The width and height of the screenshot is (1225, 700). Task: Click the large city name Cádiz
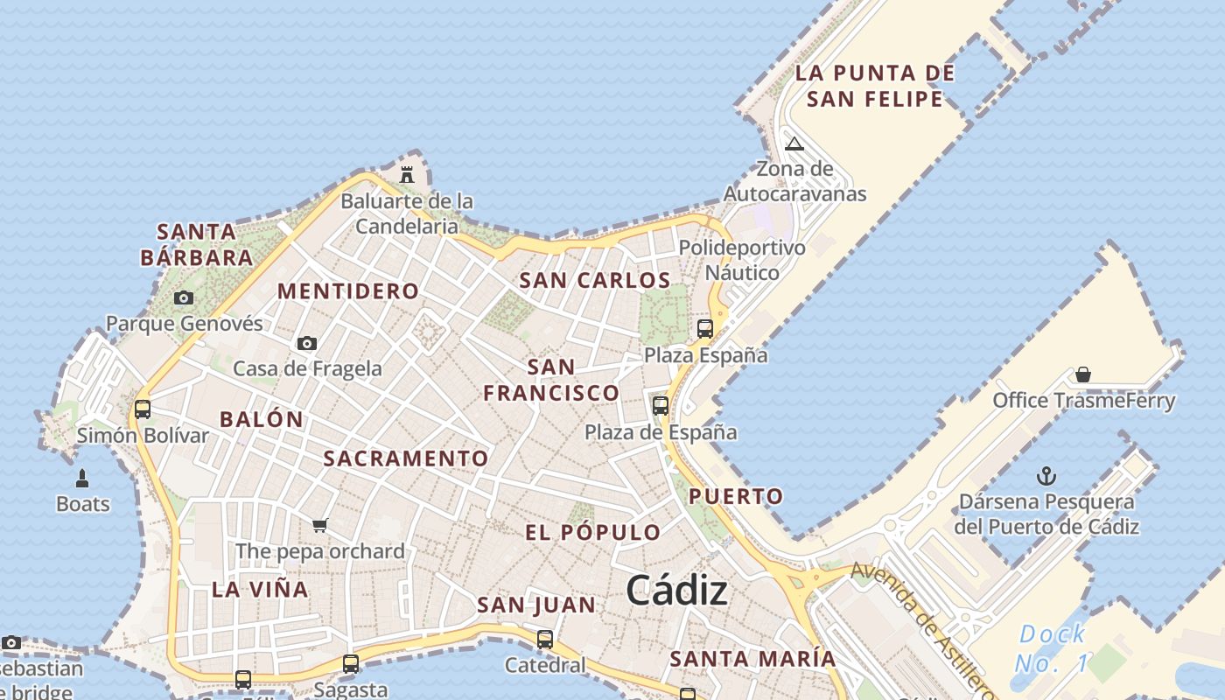pos(676,591)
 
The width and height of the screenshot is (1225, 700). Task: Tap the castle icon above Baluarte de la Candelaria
pos(407,174)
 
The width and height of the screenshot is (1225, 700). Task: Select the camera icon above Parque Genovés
pos(183,298)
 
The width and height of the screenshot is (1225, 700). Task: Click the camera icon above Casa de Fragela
pos(306,344)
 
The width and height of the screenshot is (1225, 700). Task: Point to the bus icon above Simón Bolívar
pos(142,409)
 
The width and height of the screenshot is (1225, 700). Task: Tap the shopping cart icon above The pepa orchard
pos(320,526)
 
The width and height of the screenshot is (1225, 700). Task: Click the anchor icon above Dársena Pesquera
pos(1046,477)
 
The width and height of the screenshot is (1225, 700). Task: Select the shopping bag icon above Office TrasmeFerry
pos(1083,375)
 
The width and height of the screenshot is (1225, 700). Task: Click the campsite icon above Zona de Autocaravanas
pos(794,144)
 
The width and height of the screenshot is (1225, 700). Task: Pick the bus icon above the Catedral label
pos(545,640)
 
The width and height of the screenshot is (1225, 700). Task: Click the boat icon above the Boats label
pos(82,479)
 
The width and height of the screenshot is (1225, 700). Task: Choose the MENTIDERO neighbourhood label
pos(348,291)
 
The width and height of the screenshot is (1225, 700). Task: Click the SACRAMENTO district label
pos(406,458)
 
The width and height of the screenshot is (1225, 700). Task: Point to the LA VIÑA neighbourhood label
pos(260,590)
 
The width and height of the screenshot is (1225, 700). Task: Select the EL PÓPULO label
pos(592,532)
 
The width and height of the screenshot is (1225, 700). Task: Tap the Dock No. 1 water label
pos(1052,648)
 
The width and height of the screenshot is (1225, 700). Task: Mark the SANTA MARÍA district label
pos(752,659)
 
